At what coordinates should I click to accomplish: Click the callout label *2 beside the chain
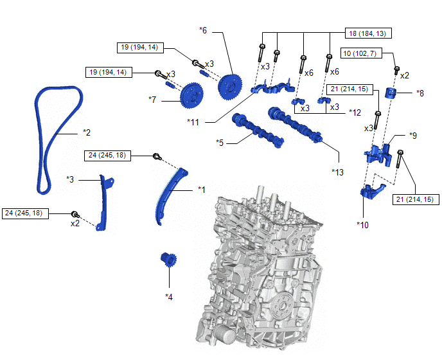click(x=87, y=132)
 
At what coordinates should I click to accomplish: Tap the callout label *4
click(x=169, y=296)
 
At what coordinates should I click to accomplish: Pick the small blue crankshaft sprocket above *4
click(x=168, y=261)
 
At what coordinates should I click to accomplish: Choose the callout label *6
click(x=203, y=30)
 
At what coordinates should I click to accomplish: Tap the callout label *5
click(x=220, y=142)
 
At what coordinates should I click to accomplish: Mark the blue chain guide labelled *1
click(x=167, y=196)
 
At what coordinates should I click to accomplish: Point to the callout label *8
click(x=420, y=93)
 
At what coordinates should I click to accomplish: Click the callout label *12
click(x=355, y=112)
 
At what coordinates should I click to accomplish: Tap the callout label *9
click(x=414, y=136)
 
